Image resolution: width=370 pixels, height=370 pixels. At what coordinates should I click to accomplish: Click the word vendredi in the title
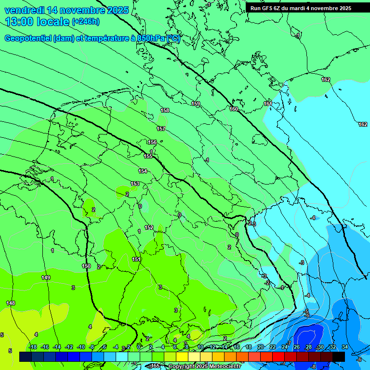point(24,10)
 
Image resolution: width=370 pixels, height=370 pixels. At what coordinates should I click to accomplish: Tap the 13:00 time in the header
point(20,22)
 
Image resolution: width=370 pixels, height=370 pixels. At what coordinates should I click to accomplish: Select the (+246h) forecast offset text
point(86,22)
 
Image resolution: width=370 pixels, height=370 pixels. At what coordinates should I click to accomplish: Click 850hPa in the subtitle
point(150,39)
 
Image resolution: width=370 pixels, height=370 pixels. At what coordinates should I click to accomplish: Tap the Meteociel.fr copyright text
point(204,367)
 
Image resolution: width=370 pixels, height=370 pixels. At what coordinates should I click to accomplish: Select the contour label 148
point(11,303)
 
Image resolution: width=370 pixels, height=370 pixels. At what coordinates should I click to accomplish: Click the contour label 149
point(46,277)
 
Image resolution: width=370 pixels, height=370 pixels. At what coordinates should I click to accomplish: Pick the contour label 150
point(86,266)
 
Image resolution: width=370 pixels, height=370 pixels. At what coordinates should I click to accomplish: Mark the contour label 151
point(136,260)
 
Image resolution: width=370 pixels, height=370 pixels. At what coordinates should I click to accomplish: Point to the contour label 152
point(149,227)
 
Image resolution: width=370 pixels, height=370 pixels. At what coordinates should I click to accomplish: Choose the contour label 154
point(143,171)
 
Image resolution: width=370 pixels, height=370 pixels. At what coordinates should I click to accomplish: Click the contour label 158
point(165,110)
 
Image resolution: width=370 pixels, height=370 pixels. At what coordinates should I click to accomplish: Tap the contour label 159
point(196,104)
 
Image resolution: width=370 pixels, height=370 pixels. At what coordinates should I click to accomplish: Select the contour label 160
point(234,109)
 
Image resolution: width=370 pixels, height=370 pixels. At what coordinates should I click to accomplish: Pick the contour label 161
point(268,104)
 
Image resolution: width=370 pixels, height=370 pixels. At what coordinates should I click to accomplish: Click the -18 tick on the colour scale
point(33,347)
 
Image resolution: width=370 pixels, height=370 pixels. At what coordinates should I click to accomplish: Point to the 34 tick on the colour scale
point(345,347)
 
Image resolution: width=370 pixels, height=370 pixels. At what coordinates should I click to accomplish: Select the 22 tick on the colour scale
point(273,347)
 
